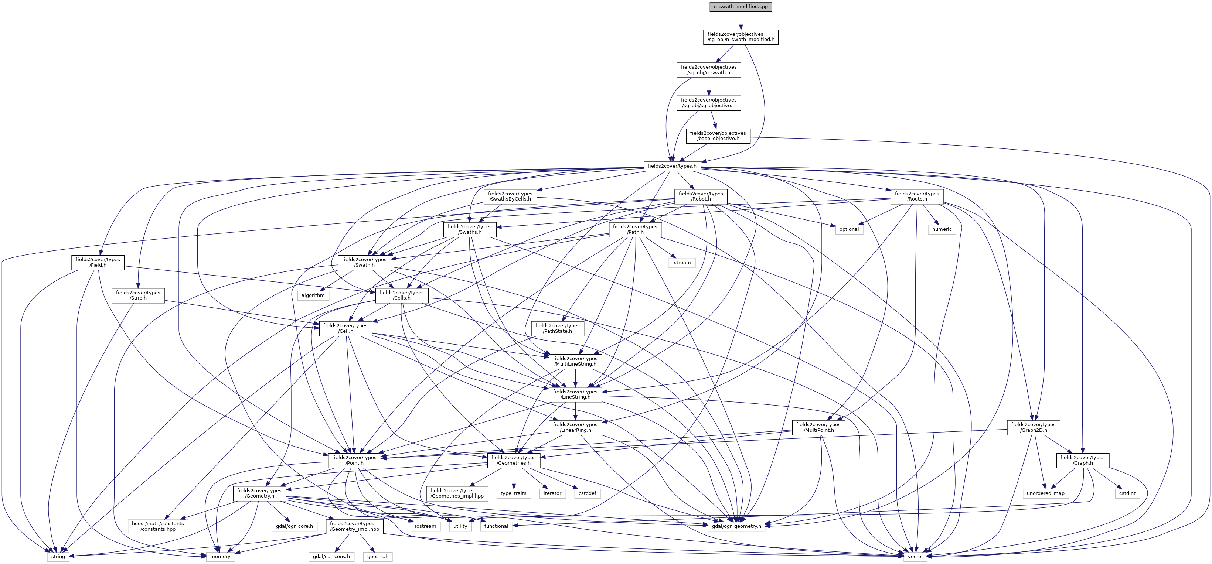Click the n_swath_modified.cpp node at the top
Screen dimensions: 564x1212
click(741, 7)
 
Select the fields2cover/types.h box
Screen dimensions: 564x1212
click(672, 166)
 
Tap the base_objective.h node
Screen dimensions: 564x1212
click(718, 136)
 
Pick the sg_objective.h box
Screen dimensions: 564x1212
click(709, 103)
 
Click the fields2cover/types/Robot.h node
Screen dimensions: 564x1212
click(701, 196)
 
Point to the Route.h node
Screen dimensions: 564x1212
click(917, 196)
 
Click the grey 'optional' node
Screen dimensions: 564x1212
click(849, 229)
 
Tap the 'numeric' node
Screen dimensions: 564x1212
click(942, 229)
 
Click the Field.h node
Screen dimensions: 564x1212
click(98, 262)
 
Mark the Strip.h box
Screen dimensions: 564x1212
click(138, 295)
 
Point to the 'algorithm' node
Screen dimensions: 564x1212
click(313, 295)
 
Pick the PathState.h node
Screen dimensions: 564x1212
click(558, 328)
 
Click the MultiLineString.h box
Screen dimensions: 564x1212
click(575, 361)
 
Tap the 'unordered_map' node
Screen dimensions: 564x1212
click(1045, 493)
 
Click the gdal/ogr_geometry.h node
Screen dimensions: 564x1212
click(736, 526)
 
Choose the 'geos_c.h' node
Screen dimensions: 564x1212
click(378, 557)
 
